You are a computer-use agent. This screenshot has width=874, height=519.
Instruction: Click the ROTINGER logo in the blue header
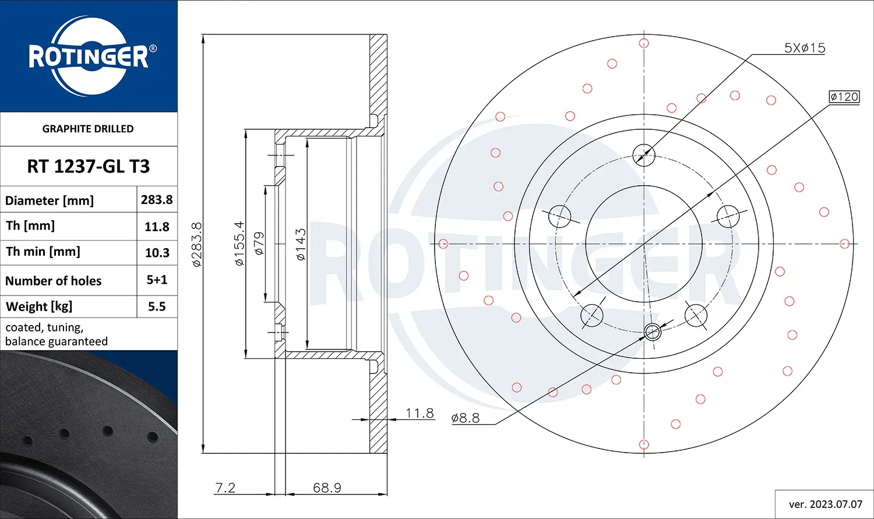(89, 57)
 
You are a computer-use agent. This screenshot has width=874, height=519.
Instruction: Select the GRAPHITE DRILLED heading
(88, 129)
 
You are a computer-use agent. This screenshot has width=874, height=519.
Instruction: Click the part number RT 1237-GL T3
(89, 167)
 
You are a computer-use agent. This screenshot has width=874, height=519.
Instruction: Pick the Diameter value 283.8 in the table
(157, 200)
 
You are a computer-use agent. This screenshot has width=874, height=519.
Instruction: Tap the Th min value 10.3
(157, 253)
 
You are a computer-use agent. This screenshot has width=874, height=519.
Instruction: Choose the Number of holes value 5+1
(157, 280)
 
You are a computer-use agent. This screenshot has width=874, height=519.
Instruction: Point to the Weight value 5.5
(157, 306)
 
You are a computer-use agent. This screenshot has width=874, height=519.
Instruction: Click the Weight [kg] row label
(39, 306)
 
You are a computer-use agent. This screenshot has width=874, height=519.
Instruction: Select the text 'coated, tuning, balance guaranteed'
(56, 334)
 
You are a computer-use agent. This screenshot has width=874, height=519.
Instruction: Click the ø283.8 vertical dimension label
(197, 244)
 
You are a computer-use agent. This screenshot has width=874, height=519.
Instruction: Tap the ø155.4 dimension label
(239, 243)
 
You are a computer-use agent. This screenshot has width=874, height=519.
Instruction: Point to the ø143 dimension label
(301, 244)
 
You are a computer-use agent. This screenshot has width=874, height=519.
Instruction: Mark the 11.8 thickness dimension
(420, 413)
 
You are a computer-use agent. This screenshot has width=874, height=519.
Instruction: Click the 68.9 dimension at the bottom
(327, 488)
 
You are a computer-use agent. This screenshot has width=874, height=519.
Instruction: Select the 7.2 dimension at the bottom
(225, 488)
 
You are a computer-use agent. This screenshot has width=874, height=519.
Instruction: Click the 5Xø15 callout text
(805, 48)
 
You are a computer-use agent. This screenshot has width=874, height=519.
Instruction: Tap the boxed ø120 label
(844, 97)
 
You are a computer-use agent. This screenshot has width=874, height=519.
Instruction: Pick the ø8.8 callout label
(465, 418)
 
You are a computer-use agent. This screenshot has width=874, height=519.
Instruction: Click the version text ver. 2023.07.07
(825, 504)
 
